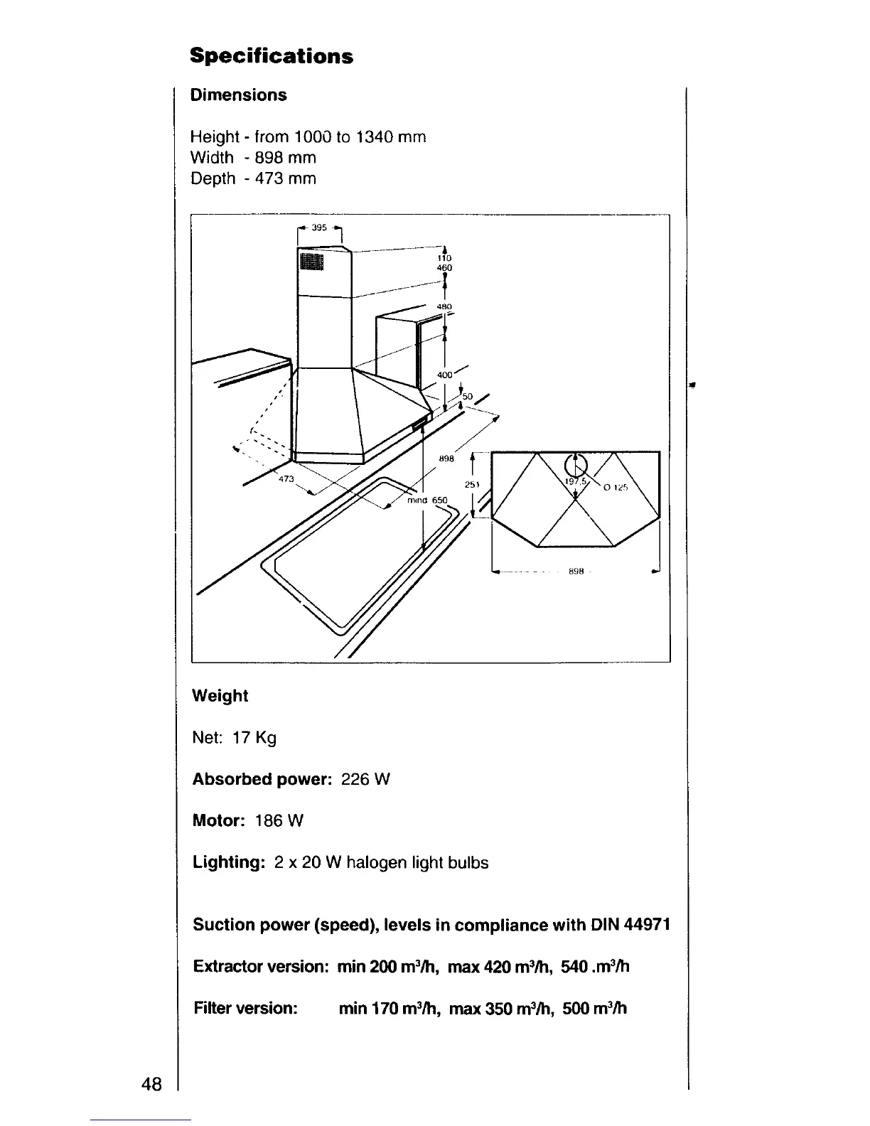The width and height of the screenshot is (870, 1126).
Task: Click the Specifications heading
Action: (x=272, y=56)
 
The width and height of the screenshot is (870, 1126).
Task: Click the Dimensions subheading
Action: (x=238, y=95)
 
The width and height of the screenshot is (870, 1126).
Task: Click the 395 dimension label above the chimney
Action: (x=319, y=228)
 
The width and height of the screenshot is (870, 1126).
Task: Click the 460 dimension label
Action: (x=445, y=268)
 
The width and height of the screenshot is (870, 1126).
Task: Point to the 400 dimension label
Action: (x=445, y=374)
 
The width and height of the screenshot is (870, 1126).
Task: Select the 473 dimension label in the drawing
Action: (x=286, y=480)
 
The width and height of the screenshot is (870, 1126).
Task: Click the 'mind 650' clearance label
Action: (x=427, y=500)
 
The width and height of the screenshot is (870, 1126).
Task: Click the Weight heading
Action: (x=220, y=696)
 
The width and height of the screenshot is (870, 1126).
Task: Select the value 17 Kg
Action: (x=254, y=738)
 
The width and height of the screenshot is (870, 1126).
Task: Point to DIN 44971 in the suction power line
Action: (x=630, y=925)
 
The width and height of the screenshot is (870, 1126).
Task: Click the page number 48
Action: (x=151, y=1084)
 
